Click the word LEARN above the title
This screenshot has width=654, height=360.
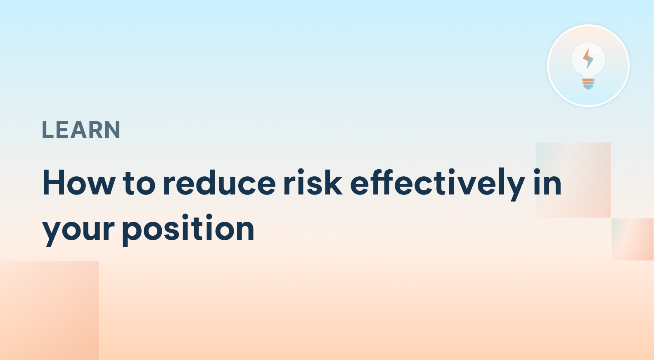[x=81, y=130]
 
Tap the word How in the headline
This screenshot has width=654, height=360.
[x=79, y=183]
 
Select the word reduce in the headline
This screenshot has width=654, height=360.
[x=219, y=183]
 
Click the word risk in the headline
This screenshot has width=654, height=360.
[x=313, y=183]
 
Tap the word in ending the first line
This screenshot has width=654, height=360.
[x=547, y=183]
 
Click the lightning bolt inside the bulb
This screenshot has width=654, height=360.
[x=588, y=59]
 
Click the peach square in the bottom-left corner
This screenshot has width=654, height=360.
[x=49, y=310]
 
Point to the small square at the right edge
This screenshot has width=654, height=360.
[x=633, y=239]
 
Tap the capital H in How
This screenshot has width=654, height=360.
[x=53, y=183]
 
